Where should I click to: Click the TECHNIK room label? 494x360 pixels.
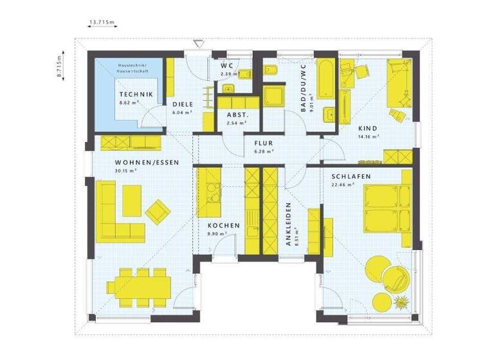136,94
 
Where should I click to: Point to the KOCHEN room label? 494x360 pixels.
223,226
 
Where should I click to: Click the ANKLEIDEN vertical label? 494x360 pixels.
289,225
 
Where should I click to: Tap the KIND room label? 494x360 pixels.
368,128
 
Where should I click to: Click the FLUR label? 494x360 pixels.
264,143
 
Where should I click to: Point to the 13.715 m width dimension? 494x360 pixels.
101,22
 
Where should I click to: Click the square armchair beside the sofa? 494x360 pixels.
157,209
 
